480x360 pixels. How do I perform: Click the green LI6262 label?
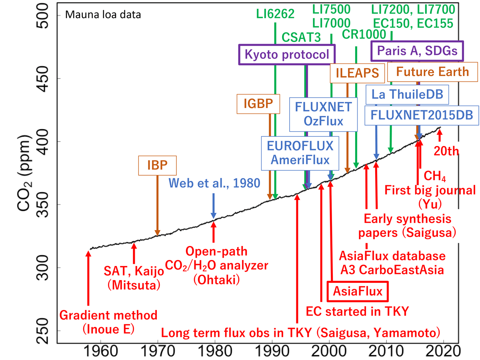(275, 14)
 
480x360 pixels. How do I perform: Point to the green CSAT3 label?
(301, 37)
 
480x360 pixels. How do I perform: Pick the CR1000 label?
(364, 34)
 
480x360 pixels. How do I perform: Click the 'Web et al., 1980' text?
(214, 183)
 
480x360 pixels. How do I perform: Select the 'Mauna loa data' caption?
(103, 15)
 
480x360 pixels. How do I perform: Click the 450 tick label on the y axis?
(42, 79)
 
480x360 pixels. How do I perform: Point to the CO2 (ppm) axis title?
(24, 173)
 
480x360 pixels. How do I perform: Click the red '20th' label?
(446, 151)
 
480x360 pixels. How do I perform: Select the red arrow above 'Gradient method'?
(88, 278)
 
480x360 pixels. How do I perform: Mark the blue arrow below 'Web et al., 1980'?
(214, 206)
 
